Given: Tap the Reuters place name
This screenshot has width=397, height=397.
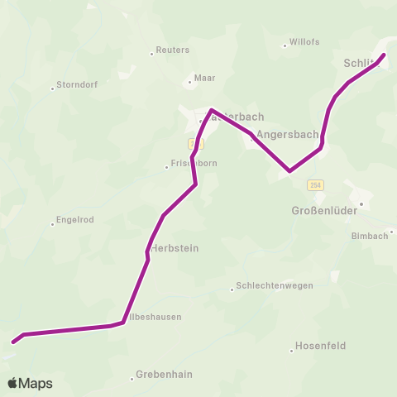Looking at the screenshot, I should [x=173, y=50].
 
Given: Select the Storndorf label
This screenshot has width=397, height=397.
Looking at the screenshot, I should [x=79, y=85].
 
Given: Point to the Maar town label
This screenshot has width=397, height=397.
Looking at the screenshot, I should [x=204, y=79].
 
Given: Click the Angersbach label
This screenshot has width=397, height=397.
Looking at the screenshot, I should [x=287, y=134].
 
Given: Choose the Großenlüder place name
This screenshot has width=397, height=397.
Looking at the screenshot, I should [x=324, y=211].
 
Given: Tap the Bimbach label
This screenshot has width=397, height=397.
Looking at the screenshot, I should [x=369, y=236].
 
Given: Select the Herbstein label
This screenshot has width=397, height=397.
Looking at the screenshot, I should [x=175, y=247].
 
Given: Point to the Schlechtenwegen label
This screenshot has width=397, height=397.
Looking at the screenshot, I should [x=275, y=285].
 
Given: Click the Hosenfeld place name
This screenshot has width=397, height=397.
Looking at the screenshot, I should [x=321, y=346].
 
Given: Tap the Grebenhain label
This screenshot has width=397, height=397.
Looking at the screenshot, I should [x=164, y=374].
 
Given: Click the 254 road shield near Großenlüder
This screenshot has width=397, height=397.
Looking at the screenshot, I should [x=316, y=184].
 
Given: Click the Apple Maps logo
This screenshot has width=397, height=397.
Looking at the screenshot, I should [x=30, y=383].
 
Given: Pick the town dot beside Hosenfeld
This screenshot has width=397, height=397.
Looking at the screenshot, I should [x=292, y=351].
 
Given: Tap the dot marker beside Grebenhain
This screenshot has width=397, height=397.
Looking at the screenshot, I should [x=132, y=379].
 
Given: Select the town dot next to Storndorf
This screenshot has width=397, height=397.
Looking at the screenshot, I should [x=53, y=86].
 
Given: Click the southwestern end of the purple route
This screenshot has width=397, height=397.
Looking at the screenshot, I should [x=13, y=342].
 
